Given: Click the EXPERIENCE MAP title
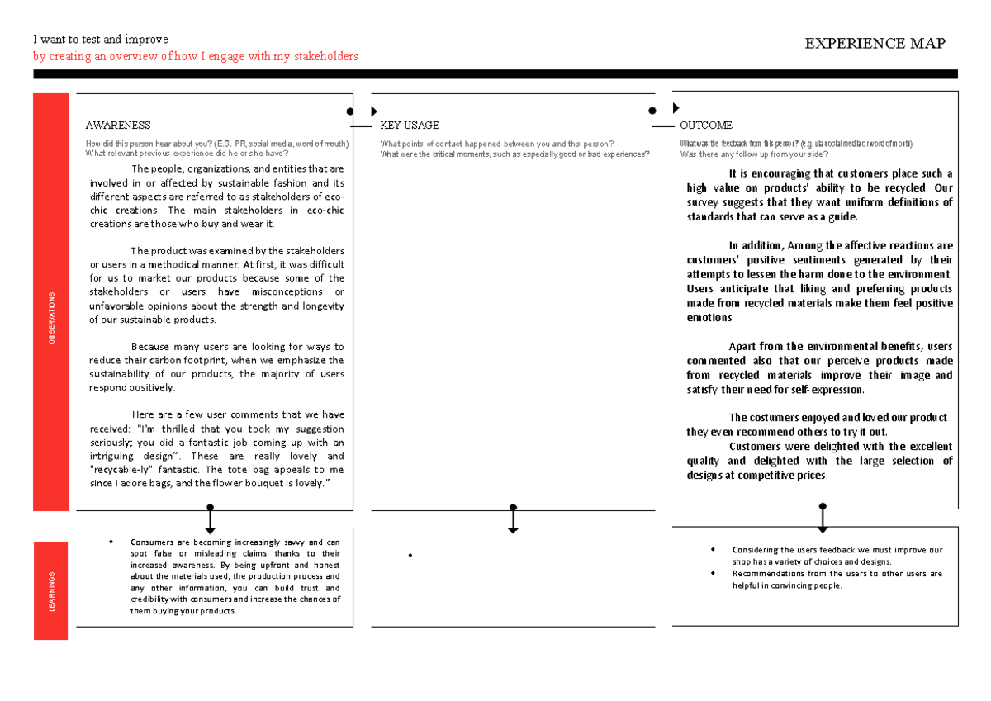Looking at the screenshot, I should [x=875, y=44].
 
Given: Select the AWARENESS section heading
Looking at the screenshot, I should [x=118, y=126].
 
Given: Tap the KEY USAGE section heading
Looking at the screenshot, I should [x=409, y=126].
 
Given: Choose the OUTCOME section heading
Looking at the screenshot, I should [x=705, y=126].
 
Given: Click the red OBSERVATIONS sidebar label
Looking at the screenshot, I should [x=52, y=318].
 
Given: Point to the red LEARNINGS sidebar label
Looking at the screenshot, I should [x=52, y=591].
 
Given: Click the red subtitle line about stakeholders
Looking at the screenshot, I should [x=196, y=56].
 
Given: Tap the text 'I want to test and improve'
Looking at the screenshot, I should [x=100, y=40].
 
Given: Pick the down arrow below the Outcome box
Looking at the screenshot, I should [x=823, y=521].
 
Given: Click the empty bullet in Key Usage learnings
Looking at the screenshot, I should [x=409, y=555].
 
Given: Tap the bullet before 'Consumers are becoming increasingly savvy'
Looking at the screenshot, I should [x=110, y=542].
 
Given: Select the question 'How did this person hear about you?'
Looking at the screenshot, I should [x=148, y=144].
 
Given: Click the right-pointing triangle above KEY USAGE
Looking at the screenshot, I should [x=374, y=111].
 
